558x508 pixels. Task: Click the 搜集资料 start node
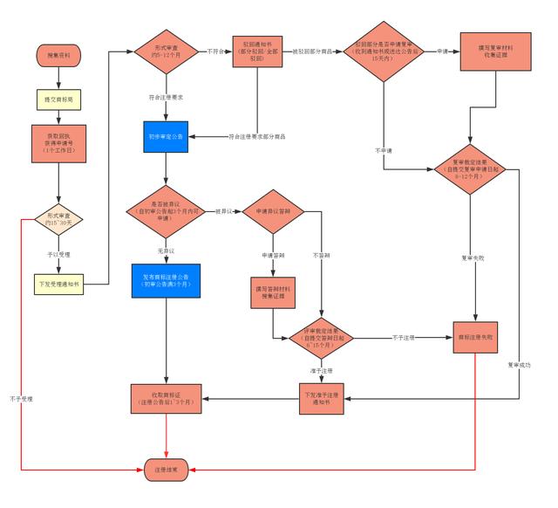(x=58, y=55)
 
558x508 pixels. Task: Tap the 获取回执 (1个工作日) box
(x=58, y=144)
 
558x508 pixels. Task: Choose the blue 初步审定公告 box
(x=166, y=137)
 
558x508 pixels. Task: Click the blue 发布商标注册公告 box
(x=166, y=280)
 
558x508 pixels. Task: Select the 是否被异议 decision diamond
(x=166, y=212)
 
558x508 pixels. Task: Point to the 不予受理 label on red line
(x=20, y=398)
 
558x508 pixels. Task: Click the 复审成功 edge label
(x=519, y=365)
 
